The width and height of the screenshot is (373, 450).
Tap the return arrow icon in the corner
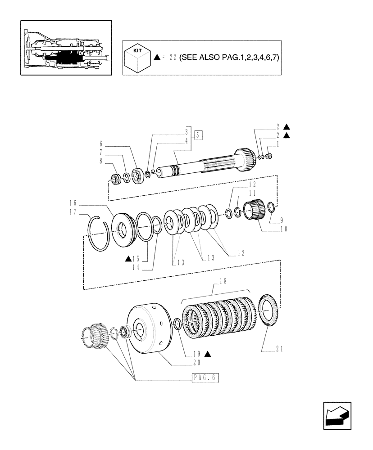pos(337,415)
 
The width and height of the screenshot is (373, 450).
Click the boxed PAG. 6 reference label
pos(202,378)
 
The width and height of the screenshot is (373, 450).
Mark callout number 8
pos(101,160)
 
